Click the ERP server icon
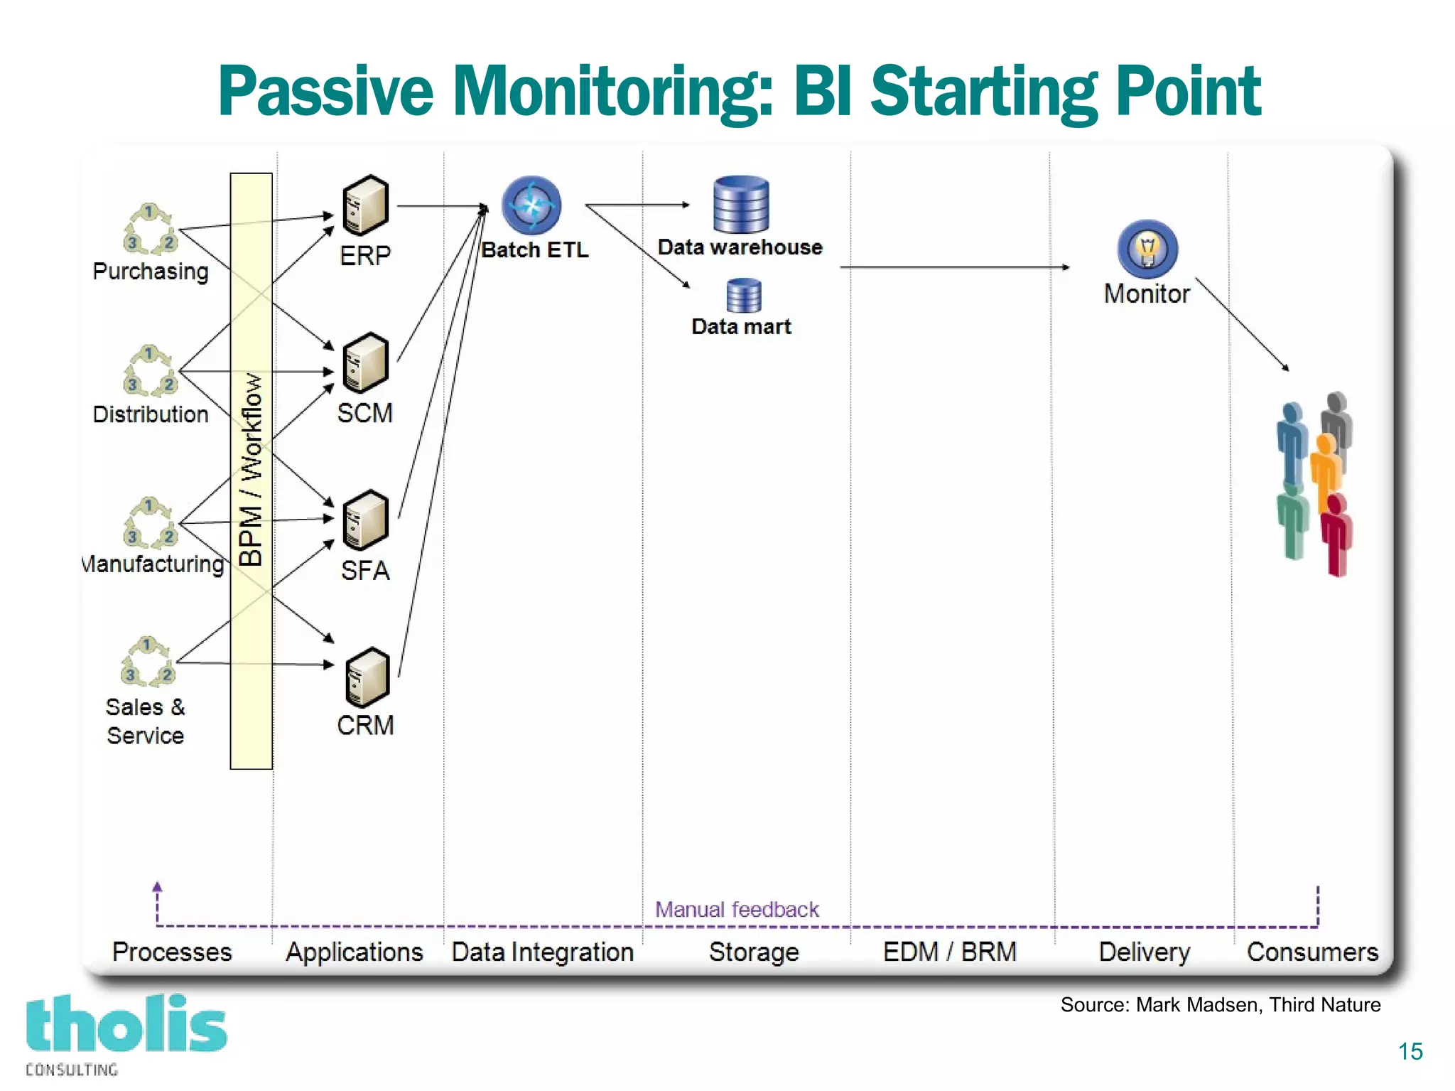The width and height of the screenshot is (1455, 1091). pos(365,206)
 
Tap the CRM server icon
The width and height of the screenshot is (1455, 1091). pos(367,677)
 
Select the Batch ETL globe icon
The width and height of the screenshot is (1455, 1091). pos(531,205)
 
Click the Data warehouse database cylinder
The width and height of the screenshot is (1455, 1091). pos(740,205)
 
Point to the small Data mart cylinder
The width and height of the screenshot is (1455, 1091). pos(743,296)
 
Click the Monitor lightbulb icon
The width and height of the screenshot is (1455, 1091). pos(1147,249)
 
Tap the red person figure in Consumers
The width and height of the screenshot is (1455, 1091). pos(1336,534)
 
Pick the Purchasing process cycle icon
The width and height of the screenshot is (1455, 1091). pos(149,230)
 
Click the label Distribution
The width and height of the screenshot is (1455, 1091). pos(151,414)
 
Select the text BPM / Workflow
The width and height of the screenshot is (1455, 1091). pos(251,469)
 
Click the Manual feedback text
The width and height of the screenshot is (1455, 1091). pos(737,909)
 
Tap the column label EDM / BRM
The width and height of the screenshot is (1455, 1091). pos(949,951)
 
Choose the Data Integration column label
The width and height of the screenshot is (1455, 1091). pos(542,952)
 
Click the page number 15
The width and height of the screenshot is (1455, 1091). pos(1410,1050)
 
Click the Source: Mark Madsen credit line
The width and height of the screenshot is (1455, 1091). pos(1220,1004)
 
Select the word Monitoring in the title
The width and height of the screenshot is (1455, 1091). pos(612,92)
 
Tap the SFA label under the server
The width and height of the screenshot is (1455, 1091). pos(365,571)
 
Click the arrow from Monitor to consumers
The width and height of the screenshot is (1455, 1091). pos(1242,323)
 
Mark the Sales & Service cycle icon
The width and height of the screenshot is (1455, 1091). pos(147,662)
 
